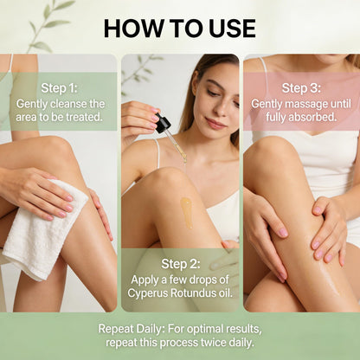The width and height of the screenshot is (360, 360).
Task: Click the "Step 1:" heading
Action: (x=60, y=88)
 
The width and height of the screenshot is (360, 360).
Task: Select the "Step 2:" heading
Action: (x=181, y=264)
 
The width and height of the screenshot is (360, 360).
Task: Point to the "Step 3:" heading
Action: (x=301, y=88)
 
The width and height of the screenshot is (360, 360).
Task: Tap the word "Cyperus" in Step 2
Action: (x=147, y=292)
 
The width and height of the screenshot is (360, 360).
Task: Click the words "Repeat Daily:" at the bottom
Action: (x=132, y=329)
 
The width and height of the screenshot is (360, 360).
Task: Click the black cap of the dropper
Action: (x=163, y=123)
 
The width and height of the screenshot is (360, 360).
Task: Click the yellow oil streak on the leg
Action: (x=187, y=212)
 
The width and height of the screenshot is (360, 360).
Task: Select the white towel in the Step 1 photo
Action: (x=43, y=231)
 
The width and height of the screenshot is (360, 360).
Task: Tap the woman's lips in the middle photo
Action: (x=215, y=124)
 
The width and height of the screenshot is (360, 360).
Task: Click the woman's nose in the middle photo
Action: (x=220, y=110)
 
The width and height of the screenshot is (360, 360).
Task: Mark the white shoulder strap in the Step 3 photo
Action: (x=264, y=75)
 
